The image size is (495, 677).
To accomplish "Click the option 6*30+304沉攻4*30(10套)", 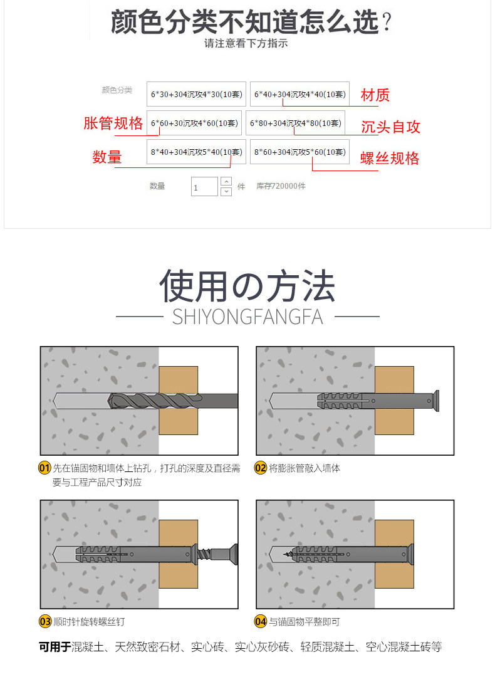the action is coord(196,94).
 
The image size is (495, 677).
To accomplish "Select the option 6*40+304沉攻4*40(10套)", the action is coord(300,94).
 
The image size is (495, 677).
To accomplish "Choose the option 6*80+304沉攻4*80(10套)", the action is coord(295,123).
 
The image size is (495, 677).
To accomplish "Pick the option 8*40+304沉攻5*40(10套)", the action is coord(196,152).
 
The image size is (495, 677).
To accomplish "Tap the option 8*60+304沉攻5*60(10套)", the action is coord(300,152).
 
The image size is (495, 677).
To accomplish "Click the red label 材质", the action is coord(375,95).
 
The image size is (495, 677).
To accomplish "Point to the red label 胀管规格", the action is coord(113,123).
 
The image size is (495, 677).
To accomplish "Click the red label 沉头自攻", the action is coord(390,127).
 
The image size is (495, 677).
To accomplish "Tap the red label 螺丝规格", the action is coord(390,158).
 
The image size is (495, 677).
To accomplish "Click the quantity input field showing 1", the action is coord(204,187).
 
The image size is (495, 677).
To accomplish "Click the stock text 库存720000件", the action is coord(281,186).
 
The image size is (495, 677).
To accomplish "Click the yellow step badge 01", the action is coord(45,468).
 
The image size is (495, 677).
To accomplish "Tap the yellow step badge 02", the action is coord(261,468).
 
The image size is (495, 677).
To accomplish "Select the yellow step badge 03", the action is coord(45,622).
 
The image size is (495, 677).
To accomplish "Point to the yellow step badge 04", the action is coord(261,622).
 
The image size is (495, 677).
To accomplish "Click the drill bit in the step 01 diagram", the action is coord(173,401).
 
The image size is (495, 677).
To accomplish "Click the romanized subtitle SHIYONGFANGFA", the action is coord(247,317).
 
